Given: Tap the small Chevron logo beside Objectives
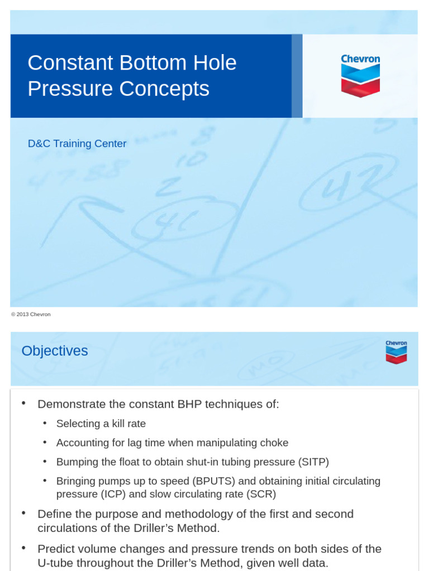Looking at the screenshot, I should (396, 352).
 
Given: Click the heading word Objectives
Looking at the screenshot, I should (55, 351).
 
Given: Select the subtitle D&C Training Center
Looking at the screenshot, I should (77, 144).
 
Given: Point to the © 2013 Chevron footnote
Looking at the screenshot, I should (31, 314).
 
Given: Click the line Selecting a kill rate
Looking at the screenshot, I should (101, 424).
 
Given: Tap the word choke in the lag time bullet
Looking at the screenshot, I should (273, 443).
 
